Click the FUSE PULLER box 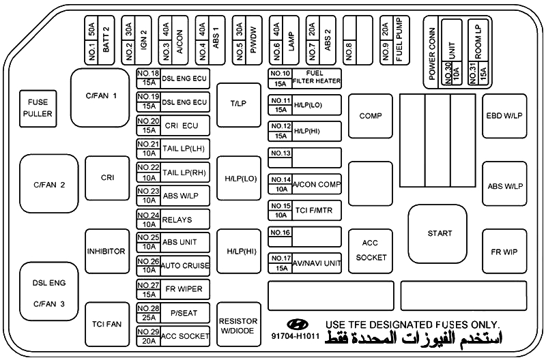(x=38, y=108)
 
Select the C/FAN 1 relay (x=100, y=97)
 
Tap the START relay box (x=437, y=234)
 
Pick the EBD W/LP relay (x=504, y=116)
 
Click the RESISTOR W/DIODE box (x=238, y=324)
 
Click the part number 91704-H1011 (x=296, y=336)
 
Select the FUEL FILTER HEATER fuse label (x=317, y=77)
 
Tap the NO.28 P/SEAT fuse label (x=173, y=313)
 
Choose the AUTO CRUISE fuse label (x=185, y=266)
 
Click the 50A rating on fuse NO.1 (x=91, y=30)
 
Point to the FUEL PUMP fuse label (x=399, y=40)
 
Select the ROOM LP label (x=478, y=42)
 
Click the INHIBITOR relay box (x=107, y=251)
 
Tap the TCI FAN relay (x=107, y=324)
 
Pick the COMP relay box (x=371, y=116)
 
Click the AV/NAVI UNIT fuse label (x=317, y=263)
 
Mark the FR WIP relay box (x=504, y=251)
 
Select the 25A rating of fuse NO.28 (x=149, y=318)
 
